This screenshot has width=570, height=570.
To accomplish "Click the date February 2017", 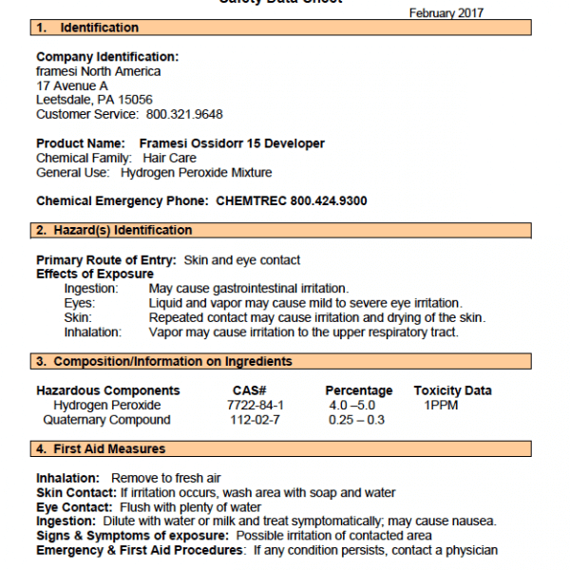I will tap(446, 13).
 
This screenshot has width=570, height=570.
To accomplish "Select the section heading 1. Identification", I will tap(87, 28).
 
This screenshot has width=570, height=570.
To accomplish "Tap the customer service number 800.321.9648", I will tap(184, 114).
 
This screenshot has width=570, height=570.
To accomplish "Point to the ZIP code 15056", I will tap(134, 100).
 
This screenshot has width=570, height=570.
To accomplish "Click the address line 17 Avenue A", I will tap(72, 85).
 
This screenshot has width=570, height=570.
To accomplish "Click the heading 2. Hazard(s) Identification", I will tap(114, 230).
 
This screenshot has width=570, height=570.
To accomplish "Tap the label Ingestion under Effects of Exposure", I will tap(91, 288).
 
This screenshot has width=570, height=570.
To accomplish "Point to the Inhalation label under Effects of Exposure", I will tap(93, 332).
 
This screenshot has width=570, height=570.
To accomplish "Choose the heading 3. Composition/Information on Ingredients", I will tap(164, 361).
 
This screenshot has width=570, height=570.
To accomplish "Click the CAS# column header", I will tap(249, 390).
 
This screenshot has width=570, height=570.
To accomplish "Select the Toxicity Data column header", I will tap(452, 390).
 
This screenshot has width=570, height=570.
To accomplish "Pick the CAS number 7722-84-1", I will tap(256, 405).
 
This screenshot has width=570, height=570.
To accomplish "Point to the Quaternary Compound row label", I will tap(102, 420).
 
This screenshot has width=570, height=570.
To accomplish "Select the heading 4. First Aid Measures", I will tap(101, 448).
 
